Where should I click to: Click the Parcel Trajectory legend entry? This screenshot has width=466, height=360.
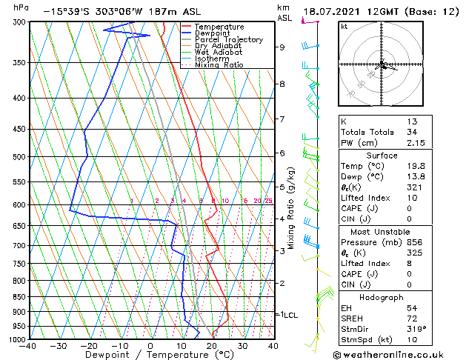click(x=228, y=39)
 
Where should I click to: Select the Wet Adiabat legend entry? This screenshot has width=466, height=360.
click(x=219, y=52)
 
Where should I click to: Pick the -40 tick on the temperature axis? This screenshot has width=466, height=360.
click(x=28, y=346)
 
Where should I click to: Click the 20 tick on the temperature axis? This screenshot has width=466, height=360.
click(x=212, y=346)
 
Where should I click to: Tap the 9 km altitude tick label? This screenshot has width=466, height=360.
click(x=282, y=47)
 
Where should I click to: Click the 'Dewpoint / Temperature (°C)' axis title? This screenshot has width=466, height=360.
click(x=151, y=356)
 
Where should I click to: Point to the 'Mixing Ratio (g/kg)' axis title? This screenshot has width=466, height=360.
click(x=291, y=207)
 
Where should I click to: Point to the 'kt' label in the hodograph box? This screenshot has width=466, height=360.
click(x=344, y=26)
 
